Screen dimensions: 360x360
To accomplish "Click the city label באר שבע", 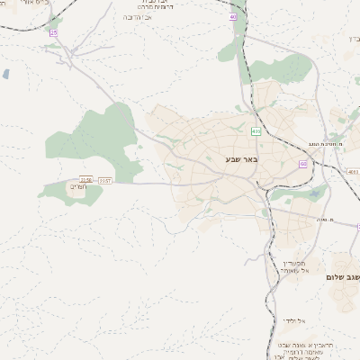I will pyautogui.click(x=243, y=159).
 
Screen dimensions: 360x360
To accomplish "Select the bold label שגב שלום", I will pyautogui.click(x=343, y=278).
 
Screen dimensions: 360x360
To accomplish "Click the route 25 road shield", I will pyautogui.click(x=53, y=32).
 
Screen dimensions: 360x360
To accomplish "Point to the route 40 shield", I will pyautogui.click(x=234, y=16).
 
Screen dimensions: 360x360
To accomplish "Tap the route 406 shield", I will pyautogui.click(x=256, y=131).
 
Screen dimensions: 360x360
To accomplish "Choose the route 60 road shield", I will pyautogui.click(x=302, y=164).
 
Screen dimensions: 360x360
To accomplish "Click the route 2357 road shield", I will pyautogui.click(x=105, y=181).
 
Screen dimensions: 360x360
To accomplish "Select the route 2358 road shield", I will pyautogui.click(x=86, y=180).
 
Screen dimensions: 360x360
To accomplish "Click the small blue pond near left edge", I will pyautogui.click(x=6, y=74).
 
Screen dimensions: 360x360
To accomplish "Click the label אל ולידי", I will pyautogui.click(x=294, y=320).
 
